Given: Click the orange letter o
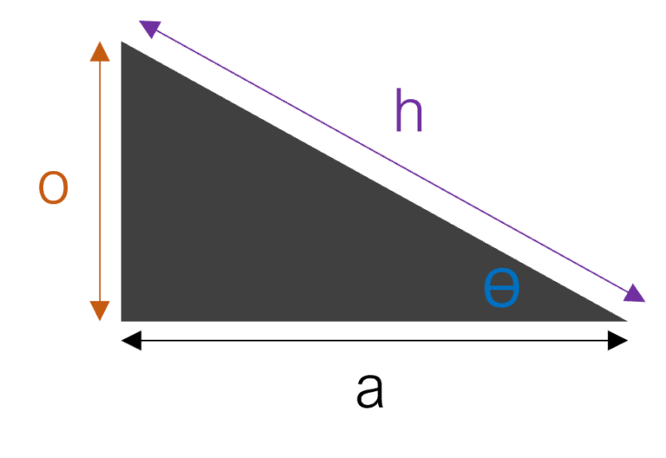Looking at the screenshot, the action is click(x=53, y=187).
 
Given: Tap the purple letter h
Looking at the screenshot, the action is click(x=408, y=110).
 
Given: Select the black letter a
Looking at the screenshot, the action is click(x=369, y=390).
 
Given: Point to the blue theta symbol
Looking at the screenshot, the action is click(x=501, y=288).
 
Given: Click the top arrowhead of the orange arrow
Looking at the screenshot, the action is click(x=100, y=51).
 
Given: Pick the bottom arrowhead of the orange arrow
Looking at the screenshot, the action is click(x=100, y=311).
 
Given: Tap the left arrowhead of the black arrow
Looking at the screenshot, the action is click(x=131, y=341).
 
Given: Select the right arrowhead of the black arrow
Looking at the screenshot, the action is click(x=617, y=341).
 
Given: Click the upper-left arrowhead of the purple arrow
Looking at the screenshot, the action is click(x=149, y=29).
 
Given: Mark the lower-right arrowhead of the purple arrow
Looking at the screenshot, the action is click(x=635, y=293).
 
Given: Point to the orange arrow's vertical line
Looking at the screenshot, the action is click(x=100, y=181).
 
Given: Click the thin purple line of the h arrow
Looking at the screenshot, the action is click(x=392, y=161).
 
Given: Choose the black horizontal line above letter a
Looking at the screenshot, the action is click(x=375, y=341).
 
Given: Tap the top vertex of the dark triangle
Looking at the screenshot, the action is click(x=122, y=42).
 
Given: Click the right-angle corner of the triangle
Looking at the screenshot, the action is click(x=122, y=321).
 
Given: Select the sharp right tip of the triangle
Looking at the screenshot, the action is click(x=626, y=321).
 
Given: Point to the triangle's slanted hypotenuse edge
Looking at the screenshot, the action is click(x=375, y=181).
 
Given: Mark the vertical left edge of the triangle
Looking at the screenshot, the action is click(x=122, y=181).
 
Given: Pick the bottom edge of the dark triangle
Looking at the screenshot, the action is click(x=375, y=321).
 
